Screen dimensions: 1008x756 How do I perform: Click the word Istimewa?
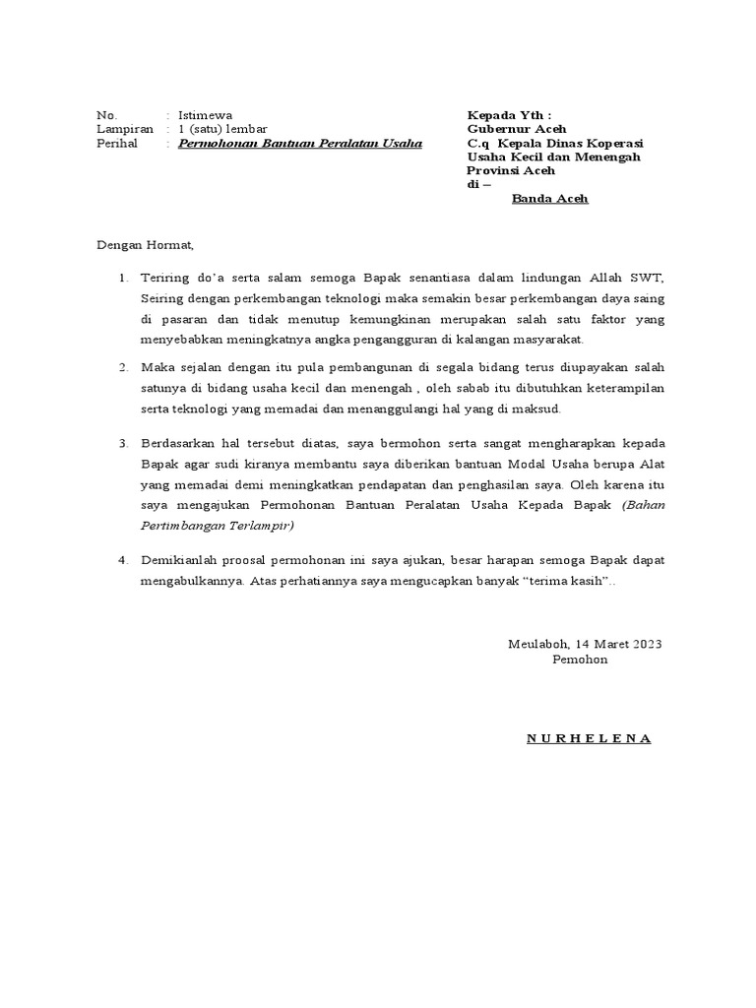point(205,115)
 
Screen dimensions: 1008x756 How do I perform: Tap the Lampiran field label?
point(125,129)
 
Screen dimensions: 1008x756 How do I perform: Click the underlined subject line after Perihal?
point(299,144)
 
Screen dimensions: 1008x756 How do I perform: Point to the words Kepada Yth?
point(509,115)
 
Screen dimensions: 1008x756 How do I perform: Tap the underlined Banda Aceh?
point(549,199)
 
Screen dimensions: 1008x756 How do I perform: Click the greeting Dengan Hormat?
point(146,245)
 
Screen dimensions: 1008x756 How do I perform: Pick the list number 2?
point(124,367)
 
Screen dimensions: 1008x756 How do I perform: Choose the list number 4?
point(124,560)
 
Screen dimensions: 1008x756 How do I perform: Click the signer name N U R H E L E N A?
point(589,738)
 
